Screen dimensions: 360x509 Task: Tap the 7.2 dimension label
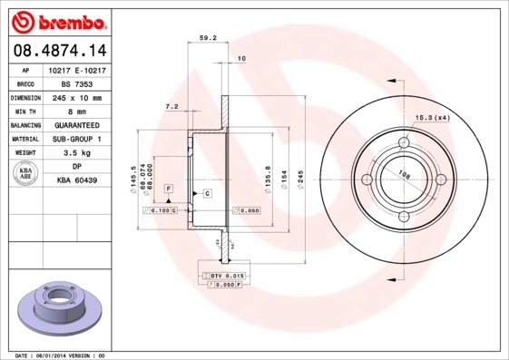coord(171,106)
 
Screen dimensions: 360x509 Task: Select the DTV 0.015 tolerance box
coord(222,274)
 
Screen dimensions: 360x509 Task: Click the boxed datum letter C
coord(207,194)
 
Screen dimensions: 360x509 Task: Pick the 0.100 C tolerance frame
coord(161,210)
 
